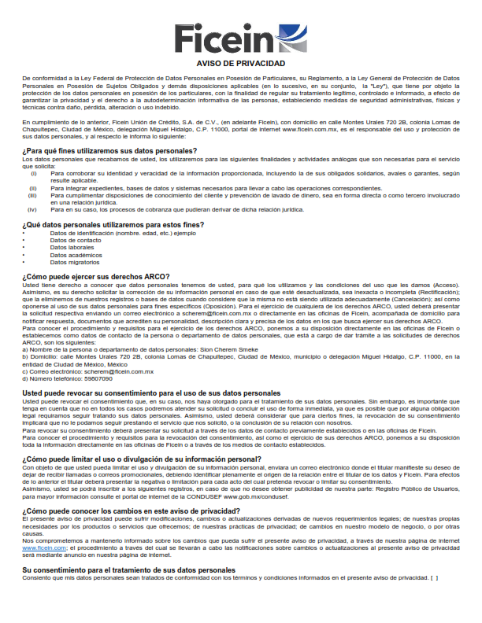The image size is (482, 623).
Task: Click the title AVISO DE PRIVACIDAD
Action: [x=240, y=63]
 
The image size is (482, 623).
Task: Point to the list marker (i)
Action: [x=32, y=172]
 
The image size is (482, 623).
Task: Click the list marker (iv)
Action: [x=32, y=210]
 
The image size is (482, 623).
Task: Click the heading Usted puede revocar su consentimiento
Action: [x=150, y=393]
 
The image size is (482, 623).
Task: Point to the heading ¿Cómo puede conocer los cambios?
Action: [x=132, y=511]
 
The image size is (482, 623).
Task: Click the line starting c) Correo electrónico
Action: [x=87, y=370]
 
